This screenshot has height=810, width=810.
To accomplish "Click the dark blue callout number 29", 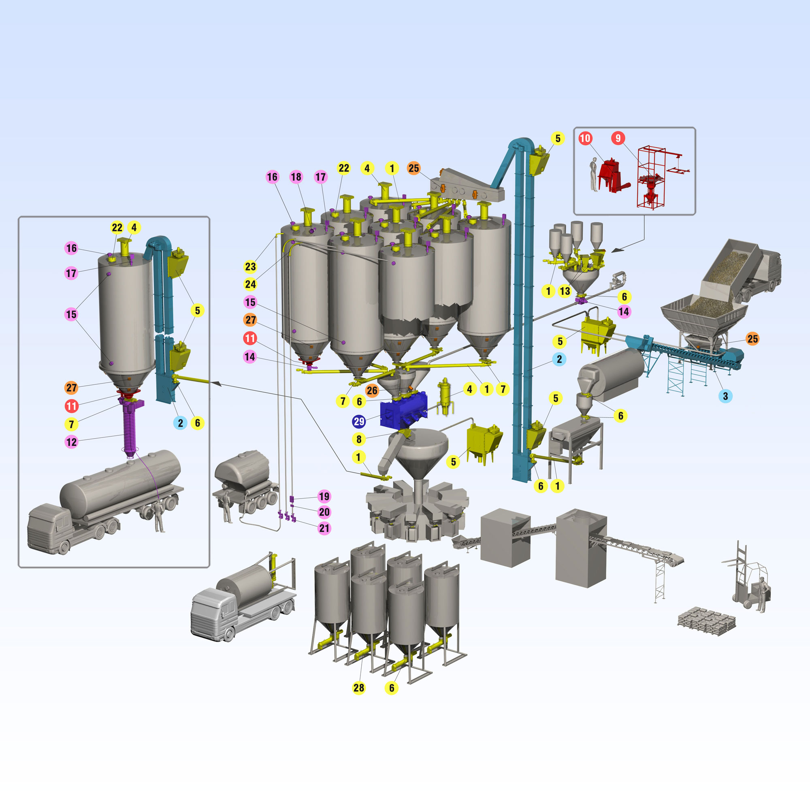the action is (359, 421).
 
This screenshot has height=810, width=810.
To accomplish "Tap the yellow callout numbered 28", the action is (359, 688).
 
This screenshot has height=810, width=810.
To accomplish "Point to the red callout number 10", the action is (585, 138).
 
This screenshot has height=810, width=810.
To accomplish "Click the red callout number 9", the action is (618, 138).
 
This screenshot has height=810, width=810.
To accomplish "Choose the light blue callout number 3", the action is (725, 396).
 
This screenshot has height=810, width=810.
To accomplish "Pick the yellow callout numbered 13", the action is (565, 291).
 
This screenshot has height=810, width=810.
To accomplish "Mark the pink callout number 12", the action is (71, 441).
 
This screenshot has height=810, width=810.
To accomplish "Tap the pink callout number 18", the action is (296, 177).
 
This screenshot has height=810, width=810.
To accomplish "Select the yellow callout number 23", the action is (250, 266).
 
